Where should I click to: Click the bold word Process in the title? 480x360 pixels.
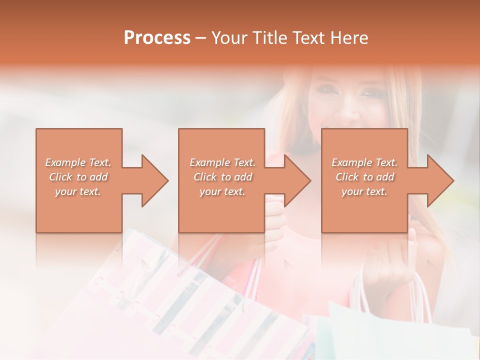157,38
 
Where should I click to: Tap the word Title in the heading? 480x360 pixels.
270,38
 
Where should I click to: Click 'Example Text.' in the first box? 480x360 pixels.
78,162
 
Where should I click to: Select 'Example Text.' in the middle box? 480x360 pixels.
222,162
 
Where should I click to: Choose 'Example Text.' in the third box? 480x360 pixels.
364,162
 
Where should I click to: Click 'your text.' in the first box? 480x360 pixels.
78,191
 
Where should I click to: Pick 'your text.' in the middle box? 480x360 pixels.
222,191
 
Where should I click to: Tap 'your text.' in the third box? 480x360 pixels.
364,191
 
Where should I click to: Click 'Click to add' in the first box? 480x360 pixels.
78,177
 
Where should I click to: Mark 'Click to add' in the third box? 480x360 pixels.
364,177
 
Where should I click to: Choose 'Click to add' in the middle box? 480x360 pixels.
222,177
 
